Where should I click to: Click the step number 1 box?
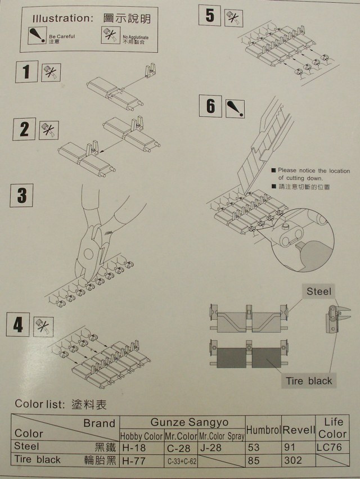[26, 73]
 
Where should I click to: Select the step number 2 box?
[24, 129]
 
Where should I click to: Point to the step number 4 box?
[18, 325]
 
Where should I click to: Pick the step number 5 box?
[210, 15]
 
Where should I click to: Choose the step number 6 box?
[211, 106]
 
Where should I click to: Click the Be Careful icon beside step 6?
[235, 106]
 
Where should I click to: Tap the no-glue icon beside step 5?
[232, 17]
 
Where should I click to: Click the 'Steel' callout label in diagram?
[319, 291]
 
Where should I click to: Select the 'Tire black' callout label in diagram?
[309, 381]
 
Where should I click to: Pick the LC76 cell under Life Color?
[332, 448]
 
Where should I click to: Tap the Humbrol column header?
[263, 430]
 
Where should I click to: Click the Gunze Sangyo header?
[182, 422]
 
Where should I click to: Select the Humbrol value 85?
[255, 460]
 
